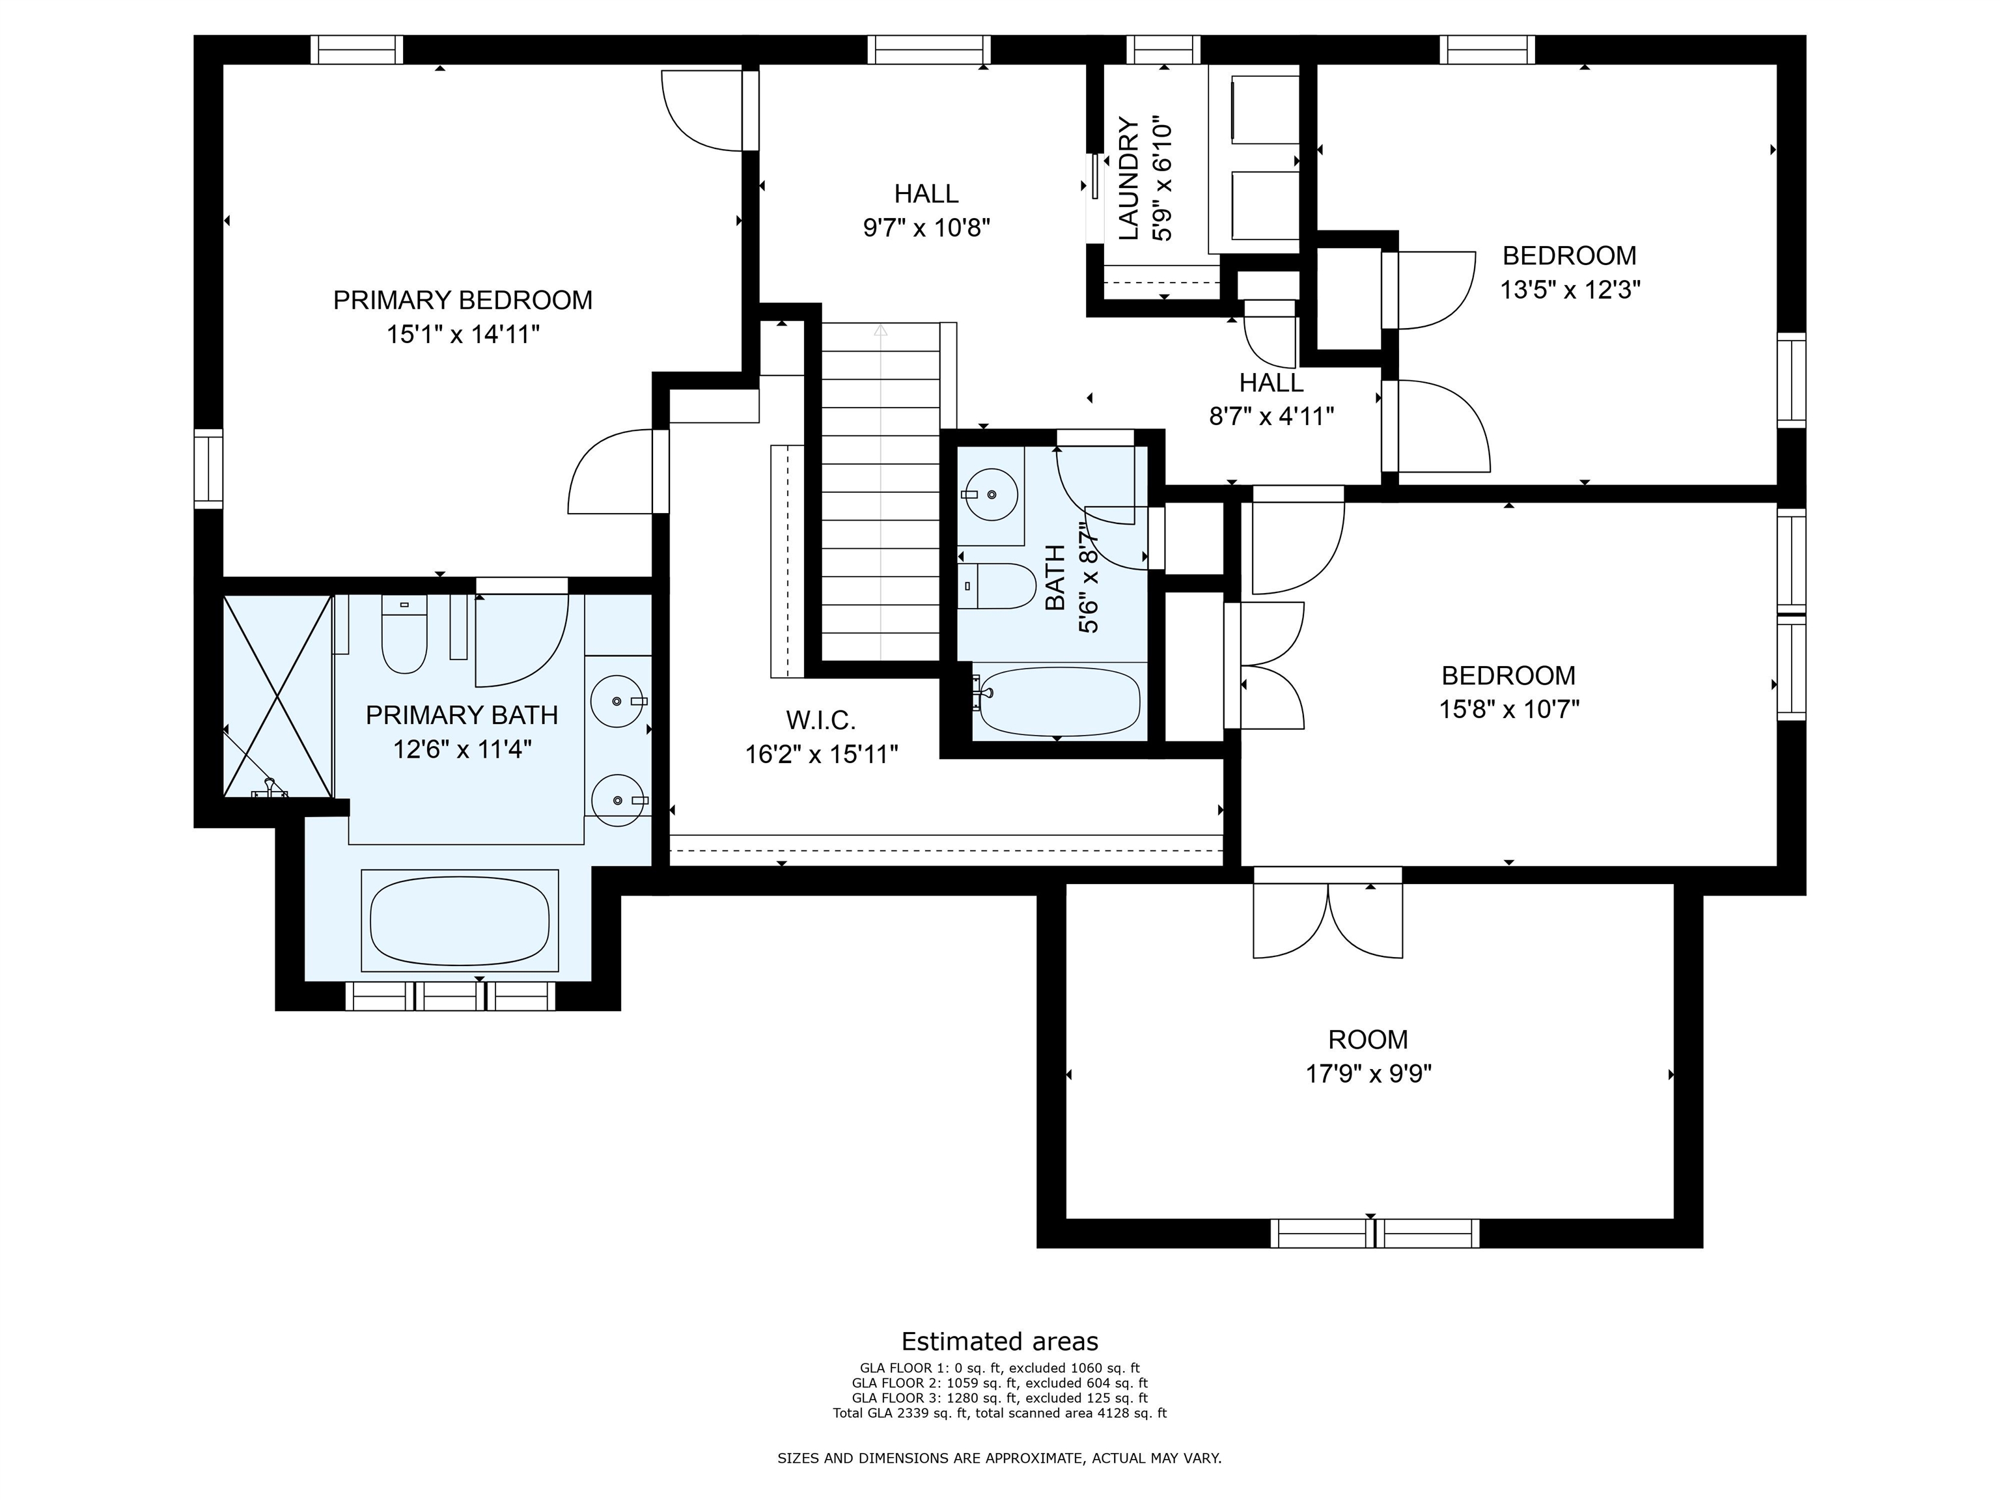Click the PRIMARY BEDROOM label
click(462, 300)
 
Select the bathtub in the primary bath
click(460, 921)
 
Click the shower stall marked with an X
click(277, 696)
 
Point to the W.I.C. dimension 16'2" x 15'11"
click(821, 754)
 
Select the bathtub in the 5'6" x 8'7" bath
click(1058, 702)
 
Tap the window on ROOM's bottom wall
click(1374, 1233)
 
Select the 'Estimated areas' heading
click(1000, 1341)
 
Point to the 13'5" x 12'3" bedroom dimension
click(1570, 289)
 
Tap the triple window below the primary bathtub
click(451, 995)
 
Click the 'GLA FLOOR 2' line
click(1000, 1382)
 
